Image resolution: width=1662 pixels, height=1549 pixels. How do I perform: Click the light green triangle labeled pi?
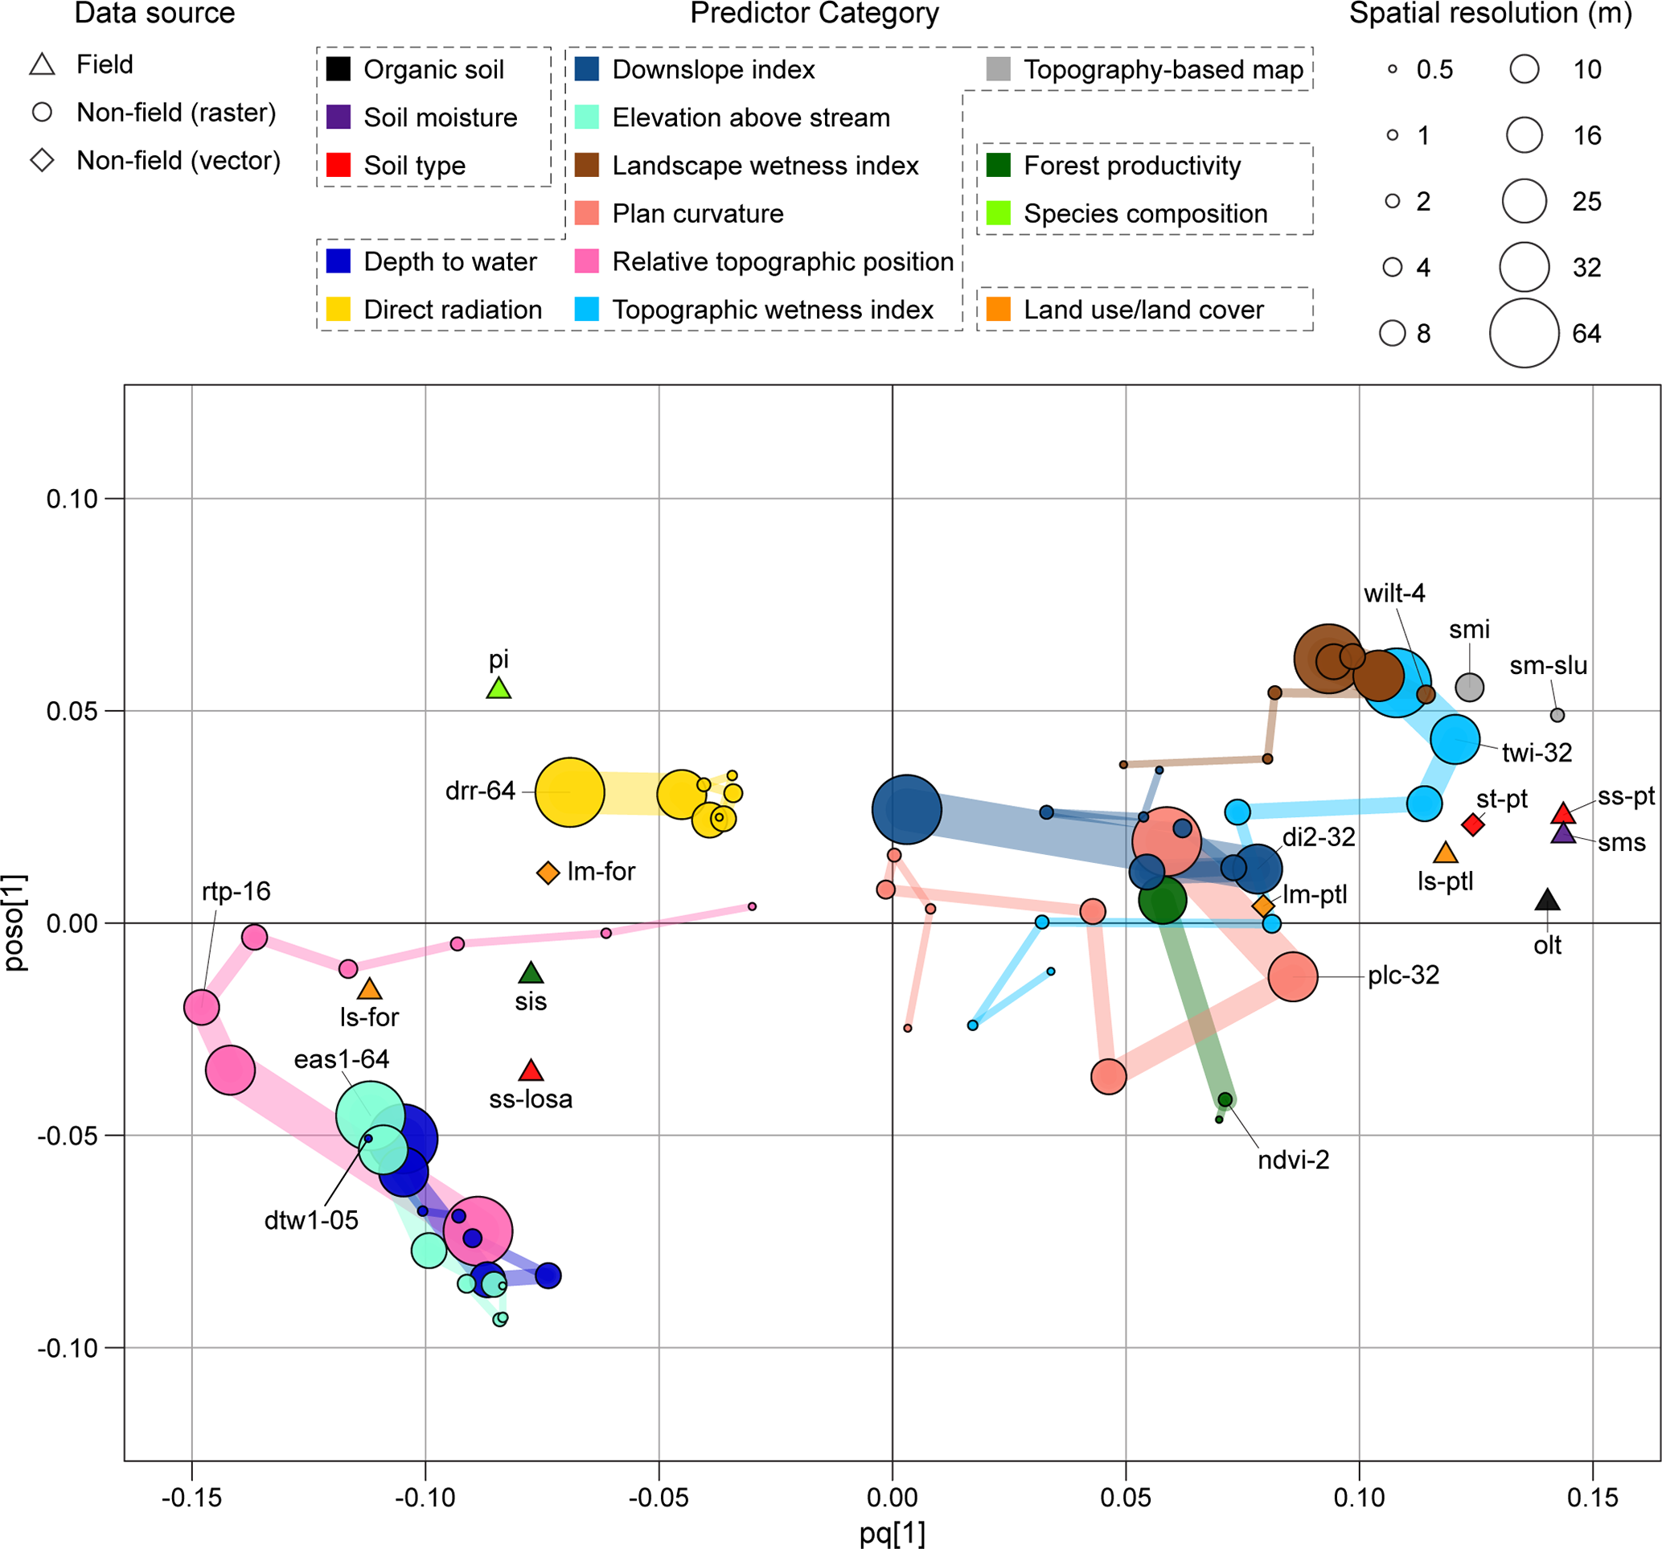tap(499, 689)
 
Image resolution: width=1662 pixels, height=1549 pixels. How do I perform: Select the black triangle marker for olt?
tap(1548, 901)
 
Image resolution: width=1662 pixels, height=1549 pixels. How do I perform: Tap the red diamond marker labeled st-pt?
tap(1473, 824)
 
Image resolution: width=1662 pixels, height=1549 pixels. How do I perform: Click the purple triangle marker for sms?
tap(1563, 834)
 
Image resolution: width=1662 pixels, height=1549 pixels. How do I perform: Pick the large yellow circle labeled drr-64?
tap(569, 791)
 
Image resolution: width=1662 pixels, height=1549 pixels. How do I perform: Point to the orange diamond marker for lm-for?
tap(548, 873)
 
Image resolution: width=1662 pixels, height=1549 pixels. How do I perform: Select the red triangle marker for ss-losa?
tap(531, 1070)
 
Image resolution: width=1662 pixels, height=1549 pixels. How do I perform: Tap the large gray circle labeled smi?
tap(1470, 687)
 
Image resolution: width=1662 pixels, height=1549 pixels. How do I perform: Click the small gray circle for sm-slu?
tap(1557, 715)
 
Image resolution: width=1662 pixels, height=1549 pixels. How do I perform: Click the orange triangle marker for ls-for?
tap(370, 989)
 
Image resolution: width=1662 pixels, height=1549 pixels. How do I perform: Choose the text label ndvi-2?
tap(1293, 1160)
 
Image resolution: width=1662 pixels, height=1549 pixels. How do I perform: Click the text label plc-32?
tap(1404, 976)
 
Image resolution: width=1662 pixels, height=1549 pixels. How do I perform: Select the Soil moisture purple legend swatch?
tap(339, 117)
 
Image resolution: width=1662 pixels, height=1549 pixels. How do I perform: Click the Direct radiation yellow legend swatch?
tap(339, 310)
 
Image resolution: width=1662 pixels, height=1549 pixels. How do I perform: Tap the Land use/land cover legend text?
tap(1143, 310)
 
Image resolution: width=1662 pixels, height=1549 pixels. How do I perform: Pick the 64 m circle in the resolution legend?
tap(1524, 333)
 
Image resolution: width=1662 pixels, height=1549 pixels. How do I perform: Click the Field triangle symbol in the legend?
tap(43, 64)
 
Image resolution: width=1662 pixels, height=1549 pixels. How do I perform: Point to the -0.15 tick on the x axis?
tap(191, 1498)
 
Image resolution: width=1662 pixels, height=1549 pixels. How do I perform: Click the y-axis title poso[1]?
tap(16, 922)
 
